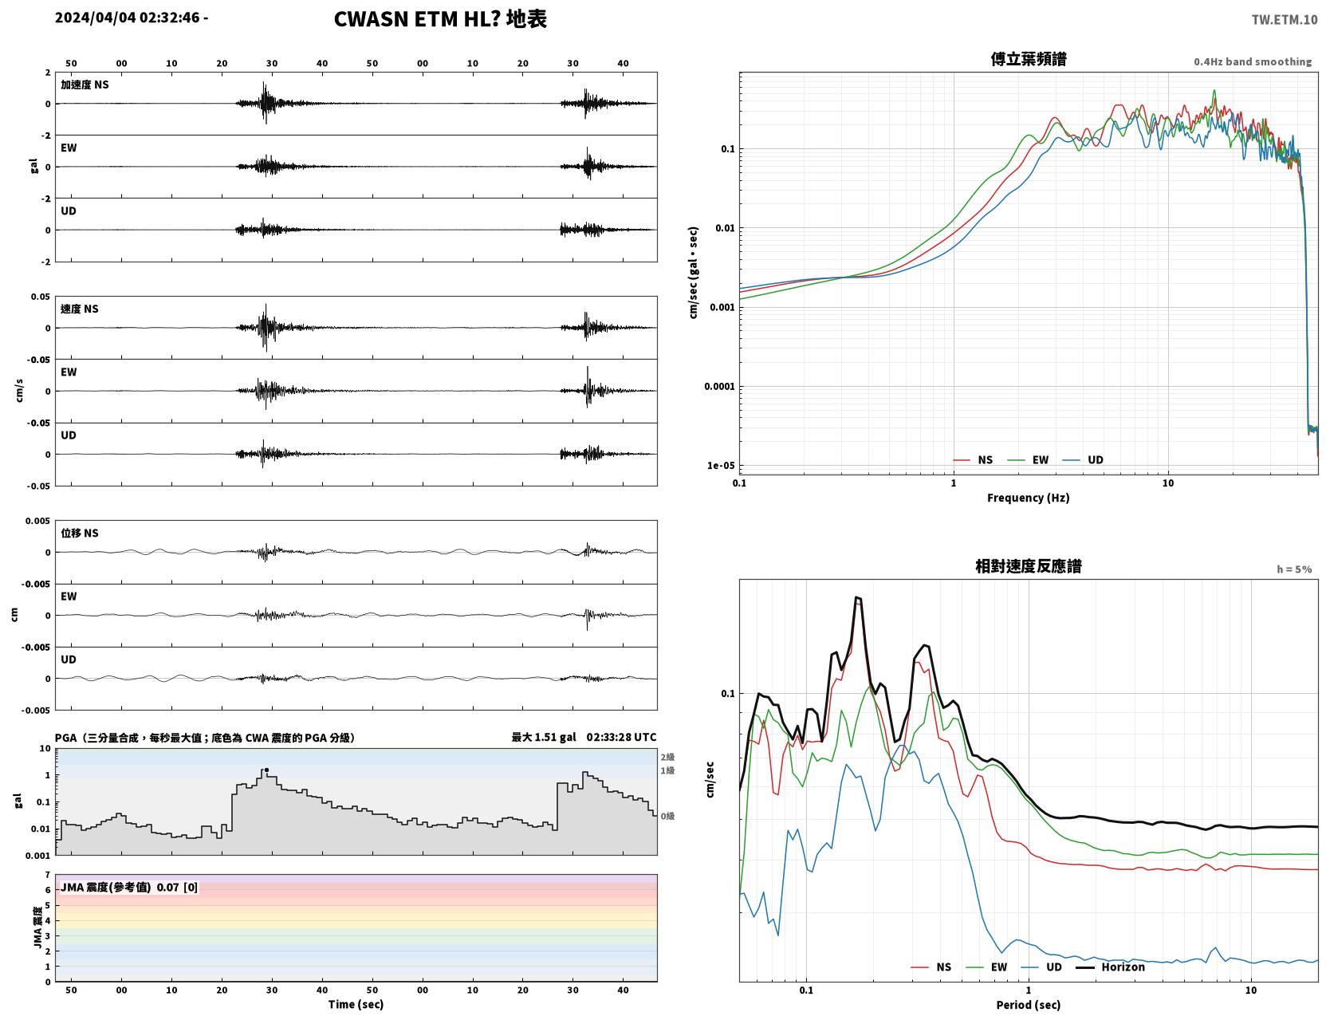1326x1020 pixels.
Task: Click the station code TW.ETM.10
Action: point(1284,19)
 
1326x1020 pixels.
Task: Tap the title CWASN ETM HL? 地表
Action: point(440,19)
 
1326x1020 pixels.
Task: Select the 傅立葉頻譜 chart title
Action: point(1028,59)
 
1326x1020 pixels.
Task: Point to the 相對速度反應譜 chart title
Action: point(1028,566)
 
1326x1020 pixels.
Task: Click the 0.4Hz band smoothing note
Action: point(1252,61)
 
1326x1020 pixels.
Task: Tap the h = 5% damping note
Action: point(1293,569)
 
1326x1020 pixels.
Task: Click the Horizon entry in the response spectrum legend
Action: point(1122,967)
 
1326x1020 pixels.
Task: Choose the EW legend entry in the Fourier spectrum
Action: point(1040,460)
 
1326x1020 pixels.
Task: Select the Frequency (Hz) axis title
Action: point(1028,498)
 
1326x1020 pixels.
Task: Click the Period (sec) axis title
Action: point(1028,1005)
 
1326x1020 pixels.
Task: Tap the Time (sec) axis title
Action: point(356,1004)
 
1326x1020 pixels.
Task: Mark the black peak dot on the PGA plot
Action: point(266,770)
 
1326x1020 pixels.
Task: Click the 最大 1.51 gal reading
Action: point(543,737)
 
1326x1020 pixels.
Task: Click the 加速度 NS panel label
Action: point(85,85)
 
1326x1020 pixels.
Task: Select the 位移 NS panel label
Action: point(79,534)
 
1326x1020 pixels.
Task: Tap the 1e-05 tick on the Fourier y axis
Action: point(721,466)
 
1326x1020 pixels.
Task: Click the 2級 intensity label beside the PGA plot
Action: point(667,757)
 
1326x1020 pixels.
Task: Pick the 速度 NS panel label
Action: point(79,309)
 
